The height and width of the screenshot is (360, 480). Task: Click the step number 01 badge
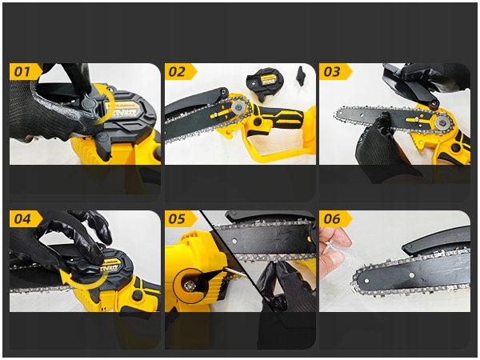[25, 72]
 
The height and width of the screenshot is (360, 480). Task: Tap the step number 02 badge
[180, 72]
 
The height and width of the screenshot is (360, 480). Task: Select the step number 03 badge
[335, 72]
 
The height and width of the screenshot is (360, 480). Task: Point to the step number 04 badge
[25, 219]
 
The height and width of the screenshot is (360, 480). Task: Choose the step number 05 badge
[180, 219]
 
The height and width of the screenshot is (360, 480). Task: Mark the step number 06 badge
[335, 219]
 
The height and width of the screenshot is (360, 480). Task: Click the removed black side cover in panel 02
[265, 84]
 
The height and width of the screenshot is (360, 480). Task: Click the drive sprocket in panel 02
[238, 107]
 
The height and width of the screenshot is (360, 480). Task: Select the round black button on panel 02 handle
[258, 122]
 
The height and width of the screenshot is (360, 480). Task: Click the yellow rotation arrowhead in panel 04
[63, 278]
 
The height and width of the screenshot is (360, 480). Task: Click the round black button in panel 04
[137, 294]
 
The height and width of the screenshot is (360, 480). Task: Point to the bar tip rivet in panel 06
[366, 280]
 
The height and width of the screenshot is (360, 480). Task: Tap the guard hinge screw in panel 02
[225, 91]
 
